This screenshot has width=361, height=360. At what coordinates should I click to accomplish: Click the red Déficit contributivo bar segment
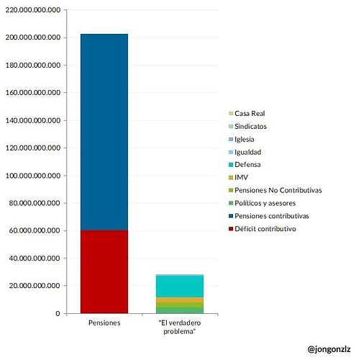104,271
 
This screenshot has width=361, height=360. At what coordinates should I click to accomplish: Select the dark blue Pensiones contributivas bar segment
104,132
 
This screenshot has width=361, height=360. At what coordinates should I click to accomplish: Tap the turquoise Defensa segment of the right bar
180,286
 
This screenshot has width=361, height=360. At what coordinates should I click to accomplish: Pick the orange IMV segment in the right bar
180,300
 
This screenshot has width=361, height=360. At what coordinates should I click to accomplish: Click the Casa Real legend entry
247,113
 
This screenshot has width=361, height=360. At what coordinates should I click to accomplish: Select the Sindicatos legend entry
248,126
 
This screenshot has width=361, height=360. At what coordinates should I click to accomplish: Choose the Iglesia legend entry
242,139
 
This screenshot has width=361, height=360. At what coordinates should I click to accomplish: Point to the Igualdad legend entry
245,152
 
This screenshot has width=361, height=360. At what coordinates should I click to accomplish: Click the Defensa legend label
247,165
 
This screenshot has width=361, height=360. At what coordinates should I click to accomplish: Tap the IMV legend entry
239,178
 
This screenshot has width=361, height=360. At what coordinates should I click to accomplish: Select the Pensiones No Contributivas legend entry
275,190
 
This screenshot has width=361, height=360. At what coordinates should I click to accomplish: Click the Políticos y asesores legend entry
262,203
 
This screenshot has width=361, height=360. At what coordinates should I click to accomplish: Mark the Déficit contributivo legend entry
262,229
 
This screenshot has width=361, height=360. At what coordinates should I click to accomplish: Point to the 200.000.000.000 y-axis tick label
33,37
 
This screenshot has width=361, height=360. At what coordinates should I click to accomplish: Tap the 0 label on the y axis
58,313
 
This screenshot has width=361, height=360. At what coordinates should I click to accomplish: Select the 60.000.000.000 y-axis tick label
35,230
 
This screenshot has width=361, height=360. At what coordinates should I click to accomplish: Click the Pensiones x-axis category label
104,323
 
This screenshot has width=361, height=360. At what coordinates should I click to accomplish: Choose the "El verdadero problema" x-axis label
180,327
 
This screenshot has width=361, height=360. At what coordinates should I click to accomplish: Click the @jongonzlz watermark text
329,349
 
